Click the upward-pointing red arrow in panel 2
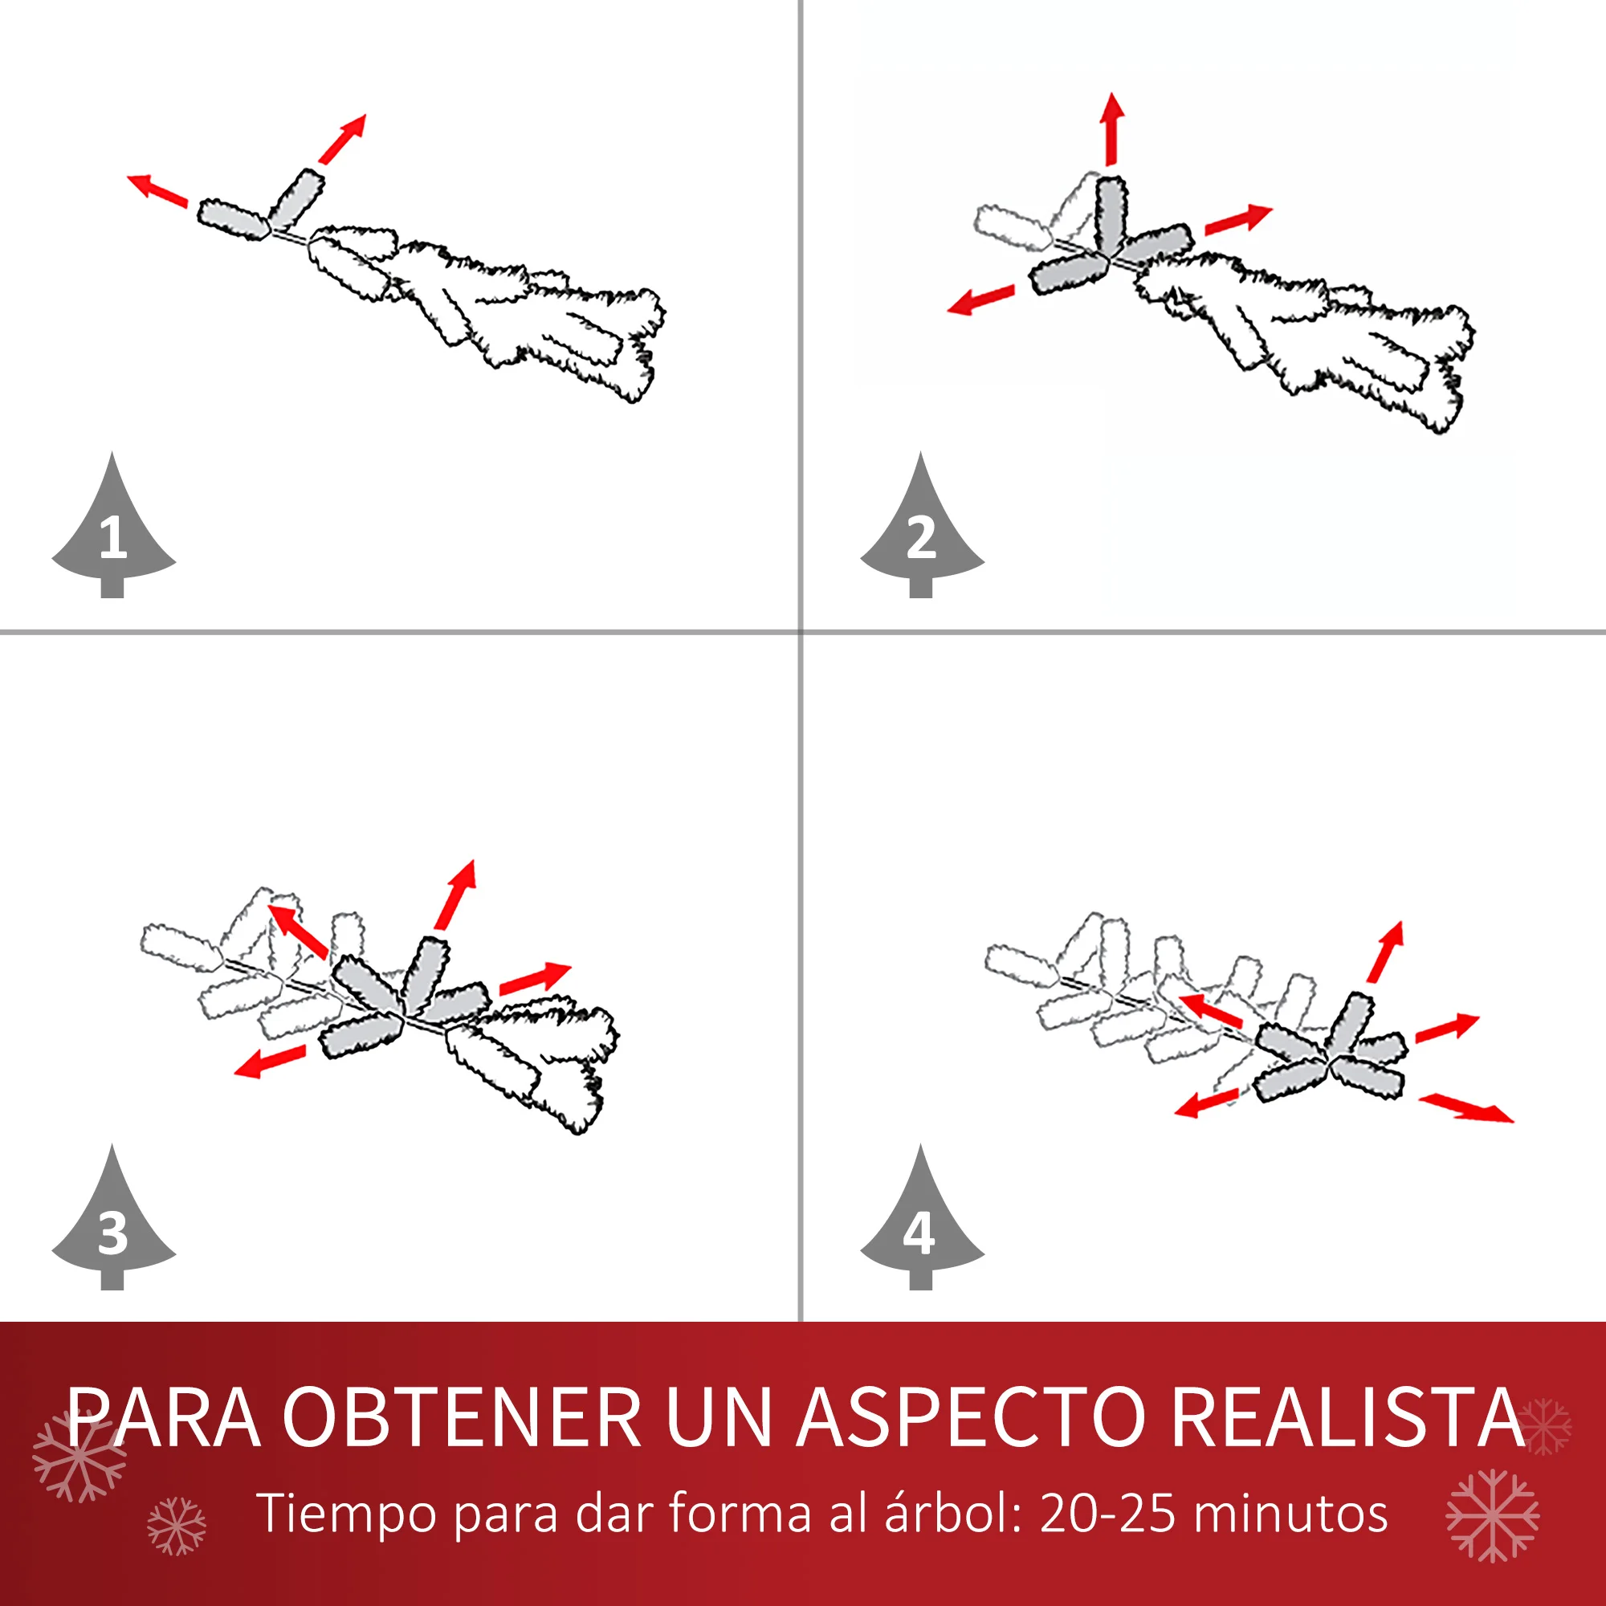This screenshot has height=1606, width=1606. tap(1111, 128)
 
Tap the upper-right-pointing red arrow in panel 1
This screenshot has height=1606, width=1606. tap(343, 139)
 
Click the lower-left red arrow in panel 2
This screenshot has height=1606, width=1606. tap(981, 300)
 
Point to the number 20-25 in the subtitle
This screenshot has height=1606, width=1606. tap(1108, 1512)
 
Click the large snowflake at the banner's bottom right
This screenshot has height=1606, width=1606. tap(1493, 1515)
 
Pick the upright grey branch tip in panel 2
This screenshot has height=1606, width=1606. tap(1111, 213)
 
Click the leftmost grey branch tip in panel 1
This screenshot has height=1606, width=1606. tap(233, 219)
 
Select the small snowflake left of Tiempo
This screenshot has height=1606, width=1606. tap(176, 1527)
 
